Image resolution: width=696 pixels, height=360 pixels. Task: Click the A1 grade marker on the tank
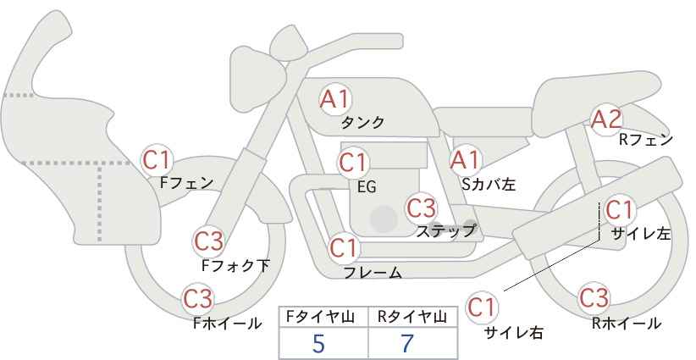pos(335,99)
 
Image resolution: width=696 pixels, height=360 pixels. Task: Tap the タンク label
pos(362,123)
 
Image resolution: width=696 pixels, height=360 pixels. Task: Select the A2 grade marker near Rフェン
pos(606,119)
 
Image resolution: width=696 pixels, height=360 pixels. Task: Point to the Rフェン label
pos(646,141)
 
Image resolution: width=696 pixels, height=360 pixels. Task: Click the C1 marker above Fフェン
pos(157,160)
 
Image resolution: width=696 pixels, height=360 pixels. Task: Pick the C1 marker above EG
pos(353,163)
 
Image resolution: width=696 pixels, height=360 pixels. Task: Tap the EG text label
pos(367,187)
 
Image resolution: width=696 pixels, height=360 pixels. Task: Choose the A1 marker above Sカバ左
pos(465,160)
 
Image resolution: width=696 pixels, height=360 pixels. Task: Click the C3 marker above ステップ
pos(422,208)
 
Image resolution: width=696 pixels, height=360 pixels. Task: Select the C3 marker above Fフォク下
pos(209,241)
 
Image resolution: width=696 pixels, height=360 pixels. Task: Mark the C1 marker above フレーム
pos(344,248)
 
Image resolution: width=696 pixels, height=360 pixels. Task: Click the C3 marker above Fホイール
pos(198,298)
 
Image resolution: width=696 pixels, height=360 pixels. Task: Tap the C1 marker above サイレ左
pos(619,210)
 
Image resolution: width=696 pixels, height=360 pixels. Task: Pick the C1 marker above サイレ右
pos(482,307)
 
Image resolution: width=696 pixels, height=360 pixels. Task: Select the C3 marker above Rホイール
pos(594,298)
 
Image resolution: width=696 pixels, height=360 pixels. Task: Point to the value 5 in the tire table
pos(318,343)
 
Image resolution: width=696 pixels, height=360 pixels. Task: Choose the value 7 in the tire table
pos(407,343)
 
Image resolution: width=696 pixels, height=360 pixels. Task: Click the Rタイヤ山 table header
pos(412,317)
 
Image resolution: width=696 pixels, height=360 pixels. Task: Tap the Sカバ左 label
pos(489,184)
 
